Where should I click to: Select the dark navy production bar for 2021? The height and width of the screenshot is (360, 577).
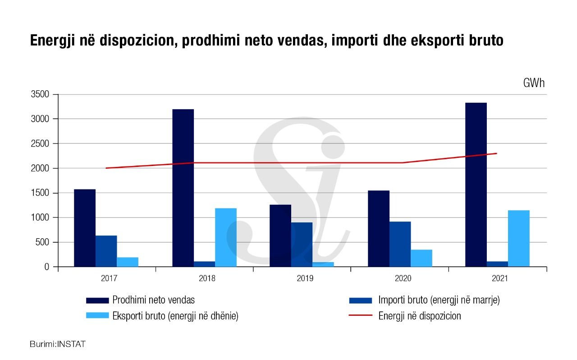point(476,185)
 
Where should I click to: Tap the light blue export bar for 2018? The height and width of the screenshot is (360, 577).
point(225,237)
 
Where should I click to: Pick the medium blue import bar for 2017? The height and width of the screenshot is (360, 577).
point(106,251)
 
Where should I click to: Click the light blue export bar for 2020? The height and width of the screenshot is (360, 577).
point(421,258)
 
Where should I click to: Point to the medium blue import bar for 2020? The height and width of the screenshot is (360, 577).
point(400,244)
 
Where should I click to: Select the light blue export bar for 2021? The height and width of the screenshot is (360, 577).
point(518,238)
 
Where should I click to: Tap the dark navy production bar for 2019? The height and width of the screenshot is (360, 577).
point(280,235)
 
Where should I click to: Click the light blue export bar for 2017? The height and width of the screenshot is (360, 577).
point(128,262)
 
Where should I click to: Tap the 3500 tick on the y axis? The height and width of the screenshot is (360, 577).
point(40,95)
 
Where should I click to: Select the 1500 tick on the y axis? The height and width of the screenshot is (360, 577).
point(40,193)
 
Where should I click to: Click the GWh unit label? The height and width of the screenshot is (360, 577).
point(534,83)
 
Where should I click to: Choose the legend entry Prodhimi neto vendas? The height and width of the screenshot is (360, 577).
point(153,300)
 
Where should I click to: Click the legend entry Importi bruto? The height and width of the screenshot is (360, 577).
point(439,300)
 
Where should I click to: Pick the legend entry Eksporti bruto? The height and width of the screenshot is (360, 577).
point(175,316)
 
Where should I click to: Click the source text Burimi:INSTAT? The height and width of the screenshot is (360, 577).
point(58,344)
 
